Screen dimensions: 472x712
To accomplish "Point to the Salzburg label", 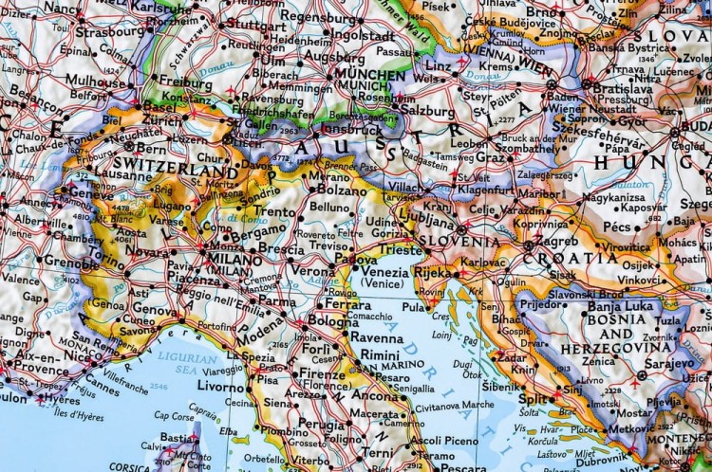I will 429,110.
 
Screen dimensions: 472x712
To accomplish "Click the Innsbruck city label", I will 351,130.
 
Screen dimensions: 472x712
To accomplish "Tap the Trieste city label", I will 401,250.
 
